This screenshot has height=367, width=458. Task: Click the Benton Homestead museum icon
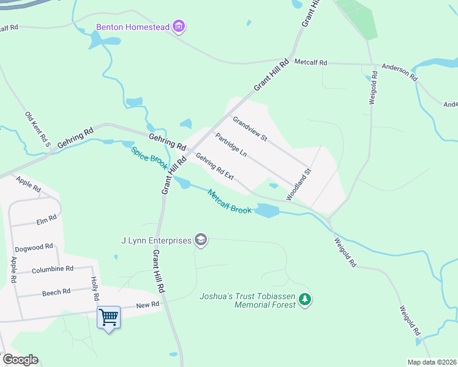[x=179, y=26]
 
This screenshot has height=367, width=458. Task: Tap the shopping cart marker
[x=108, y=317]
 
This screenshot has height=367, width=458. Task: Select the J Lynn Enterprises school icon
[x=201, y=240]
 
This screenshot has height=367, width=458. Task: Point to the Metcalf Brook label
[x=230, y=201]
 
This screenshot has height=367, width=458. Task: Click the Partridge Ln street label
[x=231, y=144]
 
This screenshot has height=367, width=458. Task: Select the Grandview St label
[x=250, y=128]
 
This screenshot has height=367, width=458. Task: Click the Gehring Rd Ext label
[x=215, y=166]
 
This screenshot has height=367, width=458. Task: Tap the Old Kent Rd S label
[x=37, y=127]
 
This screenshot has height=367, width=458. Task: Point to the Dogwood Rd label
[x=34, y=247]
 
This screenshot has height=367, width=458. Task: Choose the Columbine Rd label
[x=53, y=269]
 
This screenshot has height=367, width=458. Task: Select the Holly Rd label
[x=95, y=288]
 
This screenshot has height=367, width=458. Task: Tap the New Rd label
[x=148, y=304]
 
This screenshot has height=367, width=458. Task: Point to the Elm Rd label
[x=47, y=218]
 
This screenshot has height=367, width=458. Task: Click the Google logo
[x=20, y=360]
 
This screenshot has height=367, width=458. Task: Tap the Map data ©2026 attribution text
[x=432, y=361]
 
